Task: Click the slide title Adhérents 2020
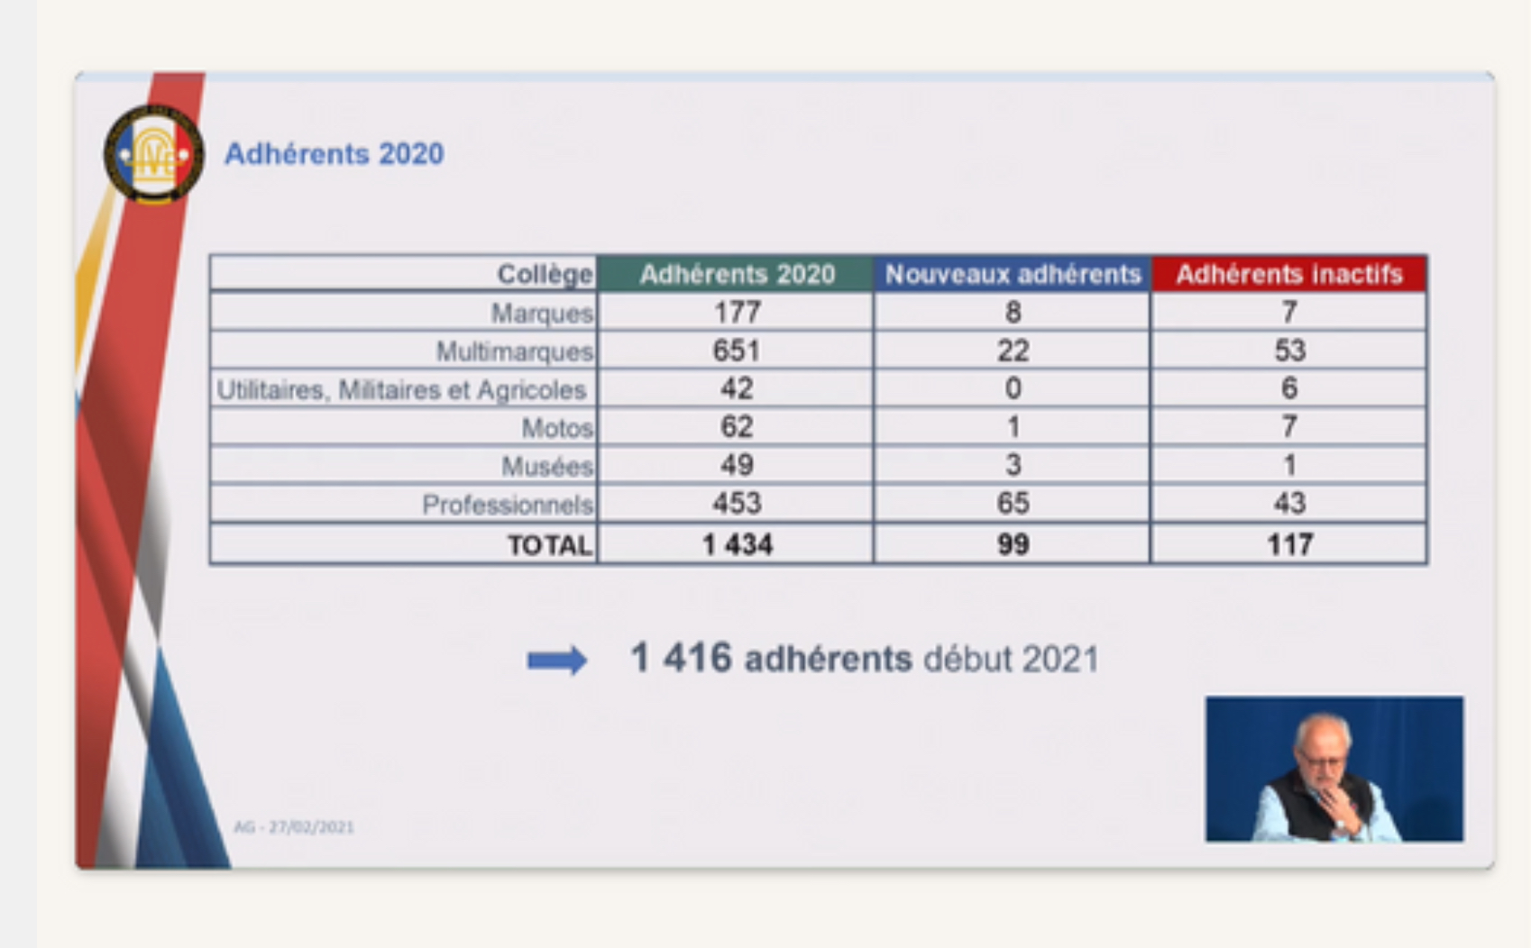coord(335,154)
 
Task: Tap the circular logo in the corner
coord(154,154)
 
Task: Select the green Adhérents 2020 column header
coord(736,274)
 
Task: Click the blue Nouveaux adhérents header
coord(1013,274)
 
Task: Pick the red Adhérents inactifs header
coord(1289,274)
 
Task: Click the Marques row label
coord(542,314)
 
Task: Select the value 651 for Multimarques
coord(736,351)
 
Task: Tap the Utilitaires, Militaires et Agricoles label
coord(402,390)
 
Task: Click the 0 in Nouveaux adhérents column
coord(1013,388)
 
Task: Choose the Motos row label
coord(557,428)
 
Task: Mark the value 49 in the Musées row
coord(737,465)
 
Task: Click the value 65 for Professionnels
coord(1013,504)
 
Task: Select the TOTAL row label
coord(549,545)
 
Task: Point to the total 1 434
coord(738,545)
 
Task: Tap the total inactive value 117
coord(1289,545)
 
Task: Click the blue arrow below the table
coord(557,661)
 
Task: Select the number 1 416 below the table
coord(681,658)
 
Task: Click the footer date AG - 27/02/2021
coord(294,828)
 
